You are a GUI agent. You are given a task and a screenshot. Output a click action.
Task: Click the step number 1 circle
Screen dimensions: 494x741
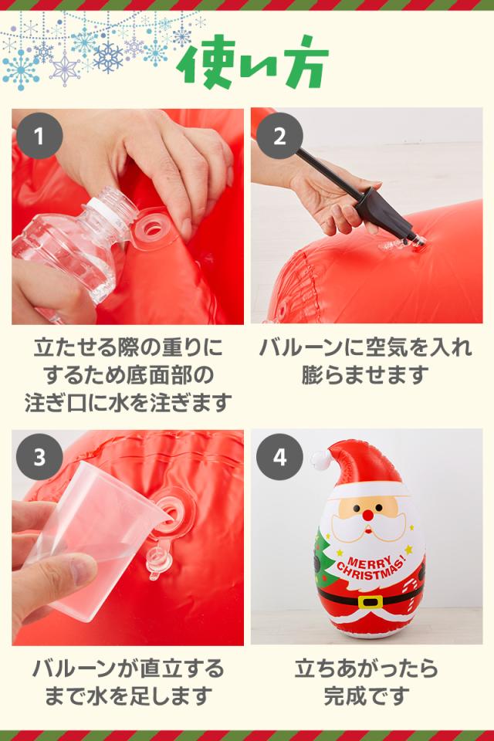click(x=39, y=136)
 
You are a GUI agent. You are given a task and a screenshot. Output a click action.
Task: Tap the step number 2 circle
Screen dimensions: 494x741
click(x=279, y=136)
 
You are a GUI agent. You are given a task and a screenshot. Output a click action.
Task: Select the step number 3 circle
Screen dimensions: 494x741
click(x=39, y=457)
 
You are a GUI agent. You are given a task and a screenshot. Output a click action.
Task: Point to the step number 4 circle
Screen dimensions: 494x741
click(x=279, y=457)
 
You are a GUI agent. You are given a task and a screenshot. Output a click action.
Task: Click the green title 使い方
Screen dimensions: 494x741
click(x=252, y=63)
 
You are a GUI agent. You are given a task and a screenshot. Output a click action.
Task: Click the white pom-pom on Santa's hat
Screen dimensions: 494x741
click(x=321, y=459)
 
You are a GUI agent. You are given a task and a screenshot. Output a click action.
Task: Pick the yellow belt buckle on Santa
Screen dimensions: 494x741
click(x=370, y=602)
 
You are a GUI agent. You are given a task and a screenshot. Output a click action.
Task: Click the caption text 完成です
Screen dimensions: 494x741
click(x=367, y=695)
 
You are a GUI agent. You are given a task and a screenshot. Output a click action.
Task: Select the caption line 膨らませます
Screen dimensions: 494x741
click(x=365, y=375)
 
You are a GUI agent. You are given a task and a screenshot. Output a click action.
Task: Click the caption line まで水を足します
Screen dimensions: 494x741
click(x=129, y=695)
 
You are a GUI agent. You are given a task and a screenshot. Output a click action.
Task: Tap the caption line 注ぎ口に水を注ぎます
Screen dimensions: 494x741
click(x=129, y=402)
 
